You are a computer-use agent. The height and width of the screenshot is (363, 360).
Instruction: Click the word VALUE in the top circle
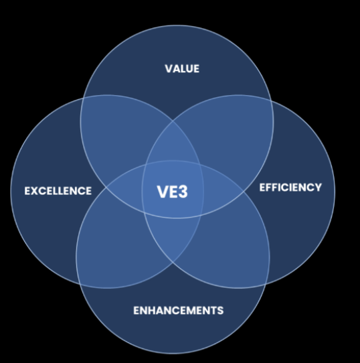point(182,69)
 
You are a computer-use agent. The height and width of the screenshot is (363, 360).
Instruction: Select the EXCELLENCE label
point(58,191)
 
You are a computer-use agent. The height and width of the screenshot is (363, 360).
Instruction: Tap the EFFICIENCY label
point(290,188)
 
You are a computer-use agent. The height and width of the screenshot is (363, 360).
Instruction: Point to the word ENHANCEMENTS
point(179,311)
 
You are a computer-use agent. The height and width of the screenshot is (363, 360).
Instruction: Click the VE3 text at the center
point(173,192)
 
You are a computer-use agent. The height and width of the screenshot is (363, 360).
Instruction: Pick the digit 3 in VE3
point(183,192)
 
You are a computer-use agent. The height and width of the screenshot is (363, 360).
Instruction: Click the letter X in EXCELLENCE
point(35,191)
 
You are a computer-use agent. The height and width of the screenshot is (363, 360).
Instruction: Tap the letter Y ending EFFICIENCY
point(318,188)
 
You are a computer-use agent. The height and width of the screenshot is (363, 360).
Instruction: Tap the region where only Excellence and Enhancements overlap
point(111,250)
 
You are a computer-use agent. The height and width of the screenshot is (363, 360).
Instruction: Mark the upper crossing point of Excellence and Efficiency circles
point(173,121)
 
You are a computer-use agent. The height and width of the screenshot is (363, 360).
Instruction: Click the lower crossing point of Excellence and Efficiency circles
point(173,263)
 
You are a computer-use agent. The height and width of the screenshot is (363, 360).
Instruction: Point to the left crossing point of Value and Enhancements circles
point(106,188)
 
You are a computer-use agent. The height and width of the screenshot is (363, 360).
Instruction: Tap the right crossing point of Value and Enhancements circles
point(244,192)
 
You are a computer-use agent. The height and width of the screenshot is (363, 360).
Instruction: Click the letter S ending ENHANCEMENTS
point(220,311)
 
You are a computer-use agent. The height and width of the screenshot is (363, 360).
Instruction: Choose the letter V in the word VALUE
point(169,69)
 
